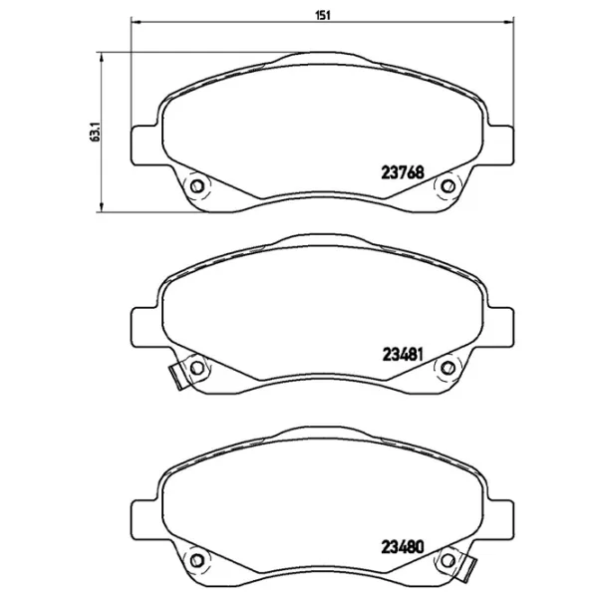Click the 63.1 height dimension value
(x=94, y=132)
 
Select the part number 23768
(x=404, y=170)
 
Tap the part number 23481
(x=404, y=353)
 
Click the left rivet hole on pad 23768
(x=196, y=185)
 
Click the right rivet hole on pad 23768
(x=448, y=185)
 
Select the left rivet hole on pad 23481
(x=196, y=369)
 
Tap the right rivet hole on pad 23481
(x=448, y=369)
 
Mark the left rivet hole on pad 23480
(x=196, y=558)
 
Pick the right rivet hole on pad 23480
(x=448, y=558)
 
